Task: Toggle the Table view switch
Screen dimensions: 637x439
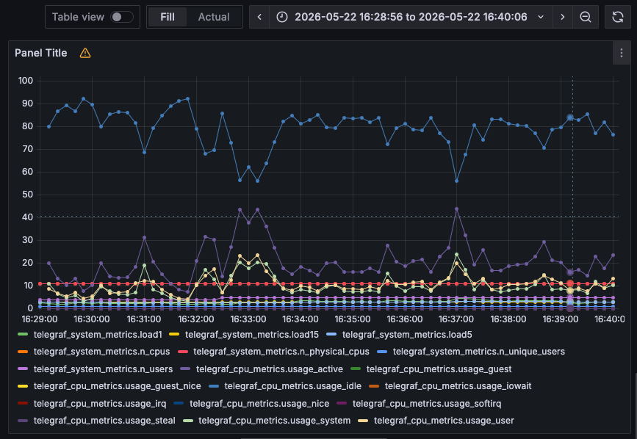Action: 122,17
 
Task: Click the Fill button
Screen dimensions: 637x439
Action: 168,17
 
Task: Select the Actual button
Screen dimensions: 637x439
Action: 214,17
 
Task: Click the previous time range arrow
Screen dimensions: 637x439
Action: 259,17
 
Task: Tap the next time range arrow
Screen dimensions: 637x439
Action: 562,17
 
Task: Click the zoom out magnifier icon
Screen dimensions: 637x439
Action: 586,17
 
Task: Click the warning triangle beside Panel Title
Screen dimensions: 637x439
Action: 85,53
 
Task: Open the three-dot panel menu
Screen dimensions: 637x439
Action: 621,53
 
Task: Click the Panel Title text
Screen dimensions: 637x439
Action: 41,53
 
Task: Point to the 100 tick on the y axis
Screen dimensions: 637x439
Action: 26,80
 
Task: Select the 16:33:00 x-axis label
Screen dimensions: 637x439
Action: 248,319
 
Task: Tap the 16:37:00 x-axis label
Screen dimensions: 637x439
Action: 456,319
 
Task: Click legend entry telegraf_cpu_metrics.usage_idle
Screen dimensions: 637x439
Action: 293,386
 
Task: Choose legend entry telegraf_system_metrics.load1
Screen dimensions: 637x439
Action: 98,335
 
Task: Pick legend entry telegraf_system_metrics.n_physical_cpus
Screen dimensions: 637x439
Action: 281,352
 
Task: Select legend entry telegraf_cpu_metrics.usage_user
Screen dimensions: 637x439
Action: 444,421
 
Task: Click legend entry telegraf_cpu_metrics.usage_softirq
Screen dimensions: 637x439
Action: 427,404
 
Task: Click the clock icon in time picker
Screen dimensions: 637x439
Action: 282,17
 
